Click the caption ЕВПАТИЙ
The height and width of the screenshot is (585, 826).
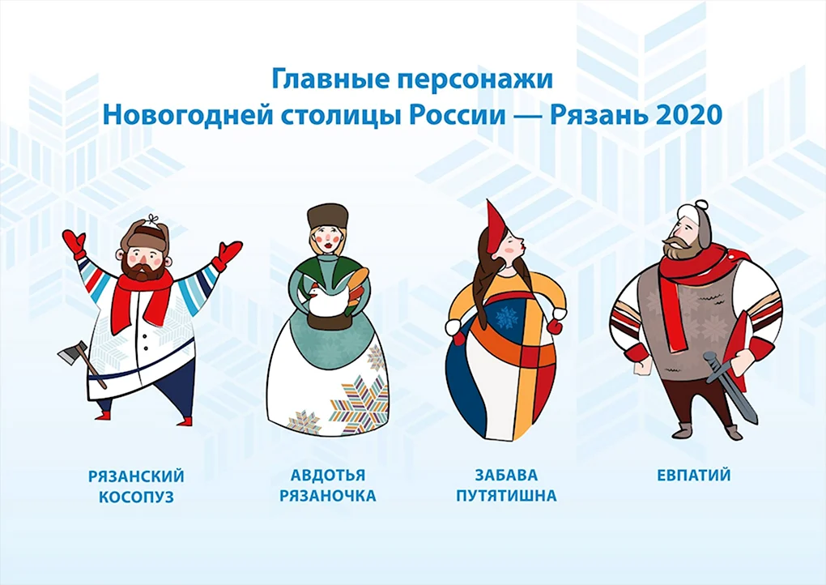(x=694, y=476)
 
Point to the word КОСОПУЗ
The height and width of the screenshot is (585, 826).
(x=136, y=497)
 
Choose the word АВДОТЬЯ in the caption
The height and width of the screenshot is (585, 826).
(x=328, y=476)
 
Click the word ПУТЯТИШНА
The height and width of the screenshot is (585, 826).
(x=506, y=496)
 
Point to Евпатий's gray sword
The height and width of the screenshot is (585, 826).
(x=730, y=387)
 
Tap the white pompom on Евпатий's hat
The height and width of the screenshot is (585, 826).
(x=700, y=206)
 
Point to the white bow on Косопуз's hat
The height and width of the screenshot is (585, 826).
(x=153, y=220)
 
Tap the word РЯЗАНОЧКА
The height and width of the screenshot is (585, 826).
(x=328, y=496)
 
